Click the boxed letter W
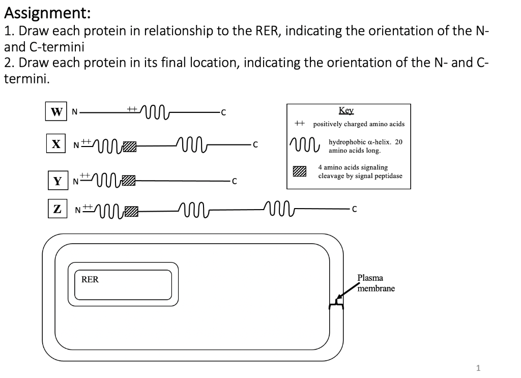pos(54,112)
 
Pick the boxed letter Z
pos(57,209)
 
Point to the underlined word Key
pos(346,111)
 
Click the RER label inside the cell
pos(90,279)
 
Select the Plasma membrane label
pos(375,283)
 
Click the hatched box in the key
pos(300,171)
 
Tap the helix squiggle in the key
pos(304,144)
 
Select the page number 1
pos(477,367)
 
